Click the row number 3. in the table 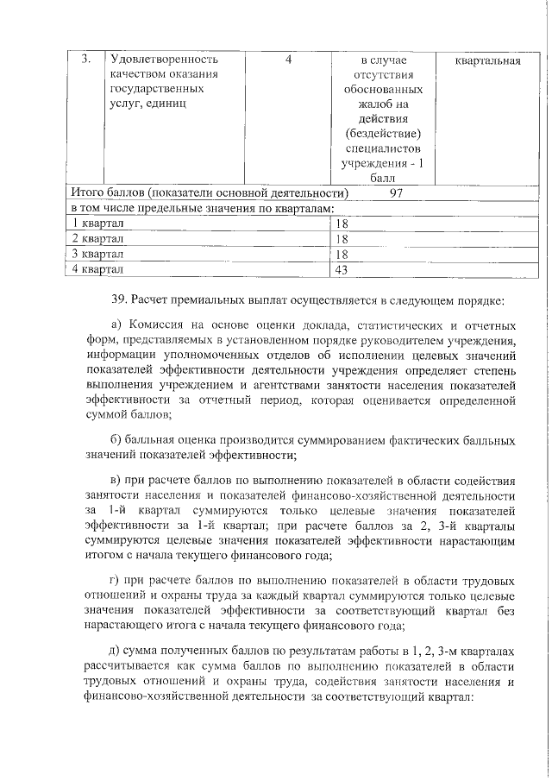point(86,60)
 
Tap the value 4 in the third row point(289,60)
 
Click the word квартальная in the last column point(487,60)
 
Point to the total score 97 point(396,193)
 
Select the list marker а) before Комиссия point(118,325)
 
